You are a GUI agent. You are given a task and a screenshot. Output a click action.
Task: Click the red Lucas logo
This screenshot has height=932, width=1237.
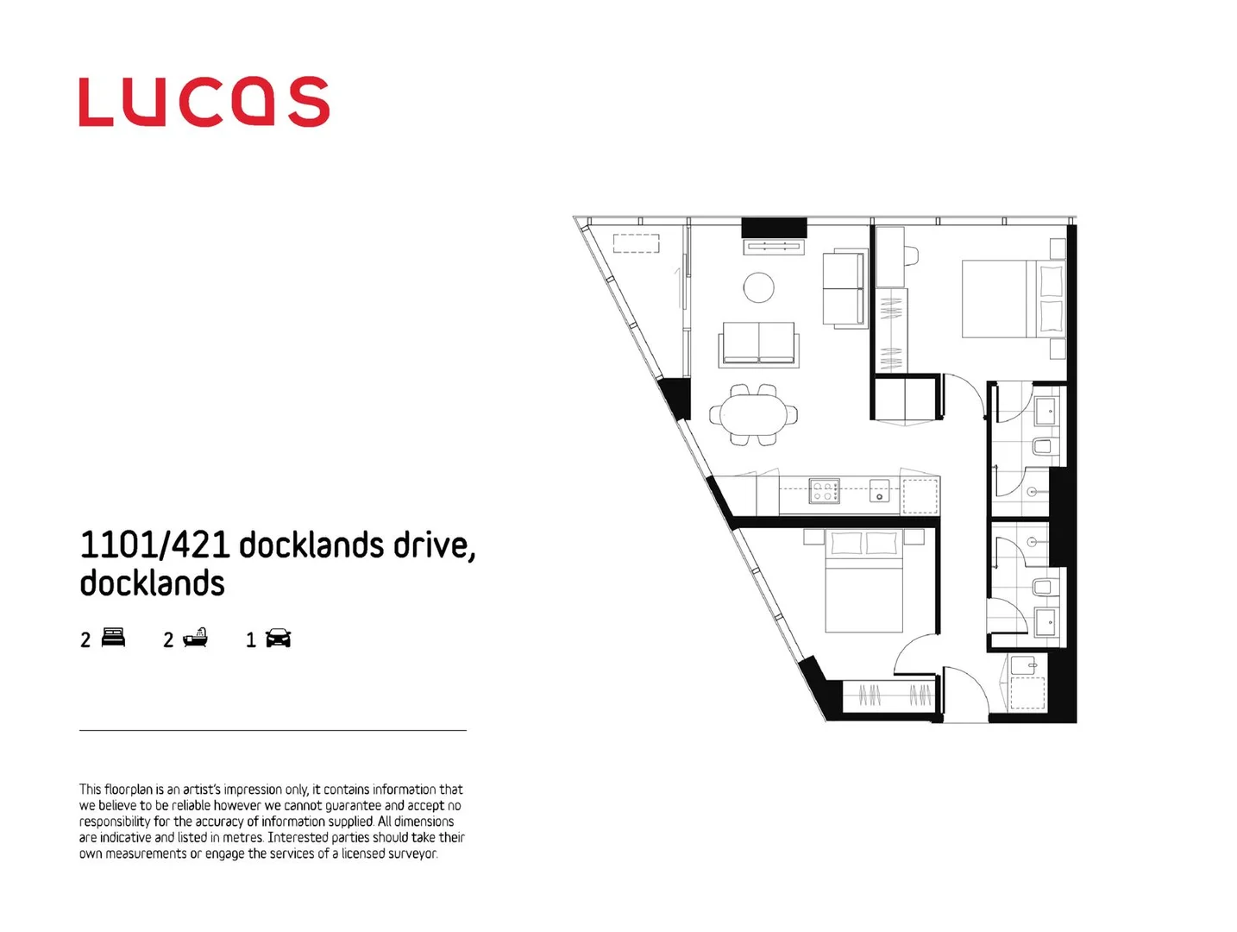pos(204,102)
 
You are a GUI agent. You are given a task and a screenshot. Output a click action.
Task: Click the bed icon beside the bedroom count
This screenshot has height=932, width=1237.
pos(113,638)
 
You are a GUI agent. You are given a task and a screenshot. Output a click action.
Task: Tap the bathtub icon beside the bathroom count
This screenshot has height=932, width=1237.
pos(196,638)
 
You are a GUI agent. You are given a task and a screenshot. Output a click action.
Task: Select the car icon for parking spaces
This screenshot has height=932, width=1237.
pos(278,639)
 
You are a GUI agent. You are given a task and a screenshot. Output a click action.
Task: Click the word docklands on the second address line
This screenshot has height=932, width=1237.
pos(152,583)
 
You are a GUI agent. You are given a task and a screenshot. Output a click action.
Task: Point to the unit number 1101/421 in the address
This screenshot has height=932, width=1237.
pos(154,545)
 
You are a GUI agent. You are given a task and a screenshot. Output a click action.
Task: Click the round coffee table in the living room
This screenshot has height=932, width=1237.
pos(758,287)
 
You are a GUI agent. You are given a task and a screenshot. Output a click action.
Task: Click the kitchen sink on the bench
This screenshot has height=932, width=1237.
pos(879,491)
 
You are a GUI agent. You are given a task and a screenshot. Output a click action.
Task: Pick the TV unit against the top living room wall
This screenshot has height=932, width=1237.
pos(774,248)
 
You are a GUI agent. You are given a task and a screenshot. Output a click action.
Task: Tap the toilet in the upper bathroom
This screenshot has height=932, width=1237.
pos(1042,446)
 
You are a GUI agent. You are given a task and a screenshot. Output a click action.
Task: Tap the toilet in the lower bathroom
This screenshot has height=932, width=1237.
pos(1042,588)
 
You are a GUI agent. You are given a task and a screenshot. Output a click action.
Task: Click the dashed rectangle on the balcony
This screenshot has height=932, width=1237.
pos(636,242)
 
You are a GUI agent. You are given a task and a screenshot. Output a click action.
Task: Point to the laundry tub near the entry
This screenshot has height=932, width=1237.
pos(1024,665)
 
